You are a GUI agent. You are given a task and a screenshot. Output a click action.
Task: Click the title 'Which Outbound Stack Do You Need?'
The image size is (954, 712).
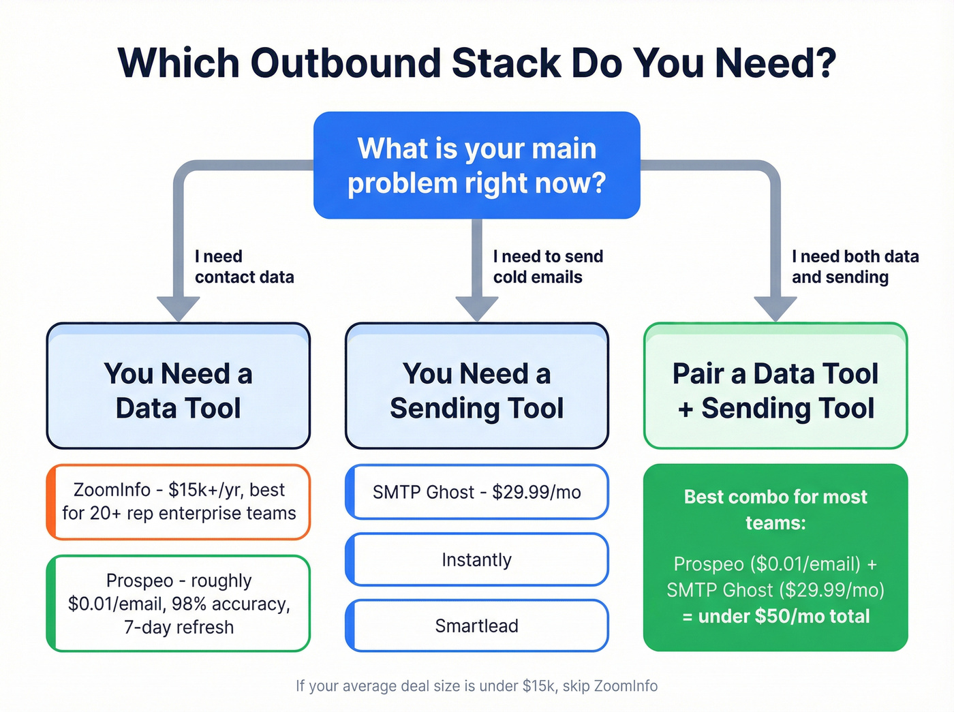pos(476,63)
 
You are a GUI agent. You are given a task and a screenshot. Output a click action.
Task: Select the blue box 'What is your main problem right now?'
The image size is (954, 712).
pos(476,166)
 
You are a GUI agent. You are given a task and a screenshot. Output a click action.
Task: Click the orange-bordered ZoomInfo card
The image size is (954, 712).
pos(179,502)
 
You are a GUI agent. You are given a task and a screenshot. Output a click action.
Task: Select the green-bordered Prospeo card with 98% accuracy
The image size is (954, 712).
pos(179,604)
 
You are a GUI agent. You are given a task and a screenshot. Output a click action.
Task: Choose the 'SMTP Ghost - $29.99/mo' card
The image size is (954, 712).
pos(476,492)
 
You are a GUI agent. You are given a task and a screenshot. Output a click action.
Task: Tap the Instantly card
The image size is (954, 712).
pos(476,560)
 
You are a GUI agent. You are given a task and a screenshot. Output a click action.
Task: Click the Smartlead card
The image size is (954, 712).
pos(476,625)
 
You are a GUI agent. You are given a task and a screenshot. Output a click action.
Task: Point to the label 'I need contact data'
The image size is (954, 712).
pos(244,266)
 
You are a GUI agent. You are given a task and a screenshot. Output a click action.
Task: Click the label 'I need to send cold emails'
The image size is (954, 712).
pos(548,266)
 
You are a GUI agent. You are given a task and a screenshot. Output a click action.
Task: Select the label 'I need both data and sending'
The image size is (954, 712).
pos(855,266)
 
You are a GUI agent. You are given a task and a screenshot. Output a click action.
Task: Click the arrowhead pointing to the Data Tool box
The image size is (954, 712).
pos(179,309)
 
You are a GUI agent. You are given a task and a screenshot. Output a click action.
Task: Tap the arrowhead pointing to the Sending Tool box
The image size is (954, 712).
pos(476,309)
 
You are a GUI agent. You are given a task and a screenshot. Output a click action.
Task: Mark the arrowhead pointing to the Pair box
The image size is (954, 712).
pos(775,309)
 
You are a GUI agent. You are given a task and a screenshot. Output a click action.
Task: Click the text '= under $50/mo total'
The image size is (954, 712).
pos(775,617)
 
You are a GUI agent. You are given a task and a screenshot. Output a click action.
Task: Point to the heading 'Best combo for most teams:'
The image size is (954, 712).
pos(775,510)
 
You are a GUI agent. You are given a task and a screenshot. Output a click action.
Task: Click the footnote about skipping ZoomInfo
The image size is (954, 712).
pos(476,686)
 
